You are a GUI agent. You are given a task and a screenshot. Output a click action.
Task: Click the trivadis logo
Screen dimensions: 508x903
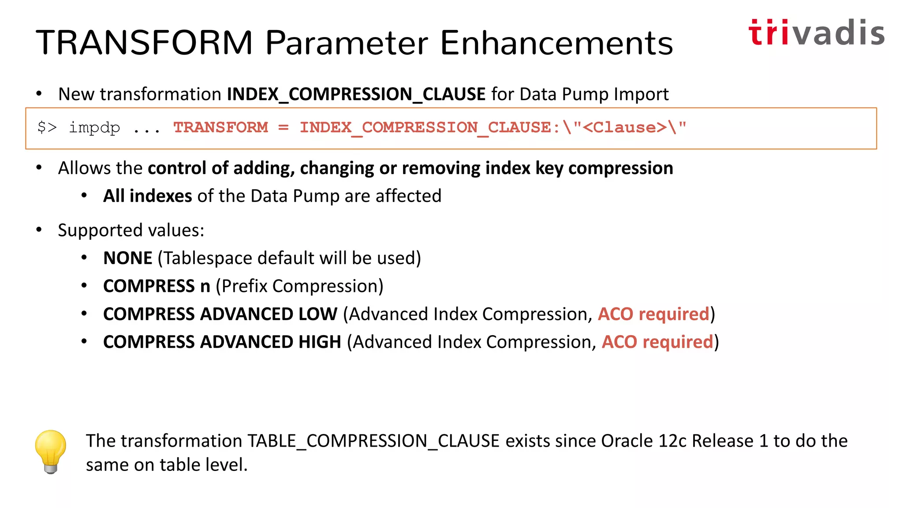[816, 33]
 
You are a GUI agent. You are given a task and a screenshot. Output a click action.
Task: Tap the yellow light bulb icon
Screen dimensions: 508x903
[51, 451]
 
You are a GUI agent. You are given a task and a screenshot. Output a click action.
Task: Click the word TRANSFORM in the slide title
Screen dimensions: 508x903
[144, 43]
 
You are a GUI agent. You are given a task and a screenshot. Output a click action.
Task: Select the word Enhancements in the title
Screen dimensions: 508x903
[556, 43]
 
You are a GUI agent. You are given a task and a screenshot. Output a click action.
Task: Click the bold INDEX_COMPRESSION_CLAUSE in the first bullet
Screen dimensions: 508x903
[356, 94]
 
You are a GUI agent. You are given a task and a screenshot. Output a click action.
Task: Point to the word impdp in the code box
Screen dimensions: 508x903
[94, 128]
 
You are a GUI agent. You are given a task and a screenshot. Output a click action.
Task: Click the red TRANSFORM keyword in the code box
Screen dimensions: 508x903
[220, 128]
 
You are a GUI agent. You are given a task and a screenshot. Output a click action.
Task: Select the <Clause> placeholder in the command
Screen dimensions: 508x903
[624, 128]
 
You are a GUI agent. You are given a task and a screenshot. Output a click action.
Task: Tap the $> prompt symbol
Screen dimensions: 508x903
[47, 128]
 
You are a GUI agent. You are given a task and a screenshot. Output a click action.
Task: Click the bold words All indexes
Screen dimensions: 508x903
[147, 196]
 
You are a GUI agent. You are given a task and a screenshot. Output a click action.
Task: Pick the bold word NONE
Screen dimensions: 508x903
[127, 258]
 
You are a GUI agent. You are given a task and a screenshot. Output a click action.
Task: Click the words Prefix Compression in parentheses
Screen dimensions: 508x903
[299, 286]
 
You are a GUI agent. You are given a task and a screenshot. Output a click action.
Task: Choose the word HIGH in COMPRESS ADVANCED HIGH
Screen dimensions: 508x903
[320, 342]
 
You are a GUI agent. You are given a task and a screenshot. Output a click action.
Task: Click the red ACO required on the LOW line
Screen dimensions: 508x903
[653, 314]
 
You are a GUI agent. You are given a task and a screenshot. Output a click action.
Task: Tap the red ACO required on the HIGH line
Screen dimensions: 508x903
[657, 342]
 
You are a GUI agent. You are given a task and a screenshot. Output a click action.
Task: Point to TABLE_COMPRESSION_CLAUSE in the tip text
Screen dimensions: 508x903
[373, 441]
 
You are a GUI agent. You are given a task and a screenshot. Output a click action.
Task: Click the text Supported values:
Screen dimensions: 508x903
[131, 230]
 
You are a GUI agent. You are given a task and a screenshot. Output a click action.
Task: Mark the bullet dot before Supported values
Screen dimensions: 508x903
[39, 230]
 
